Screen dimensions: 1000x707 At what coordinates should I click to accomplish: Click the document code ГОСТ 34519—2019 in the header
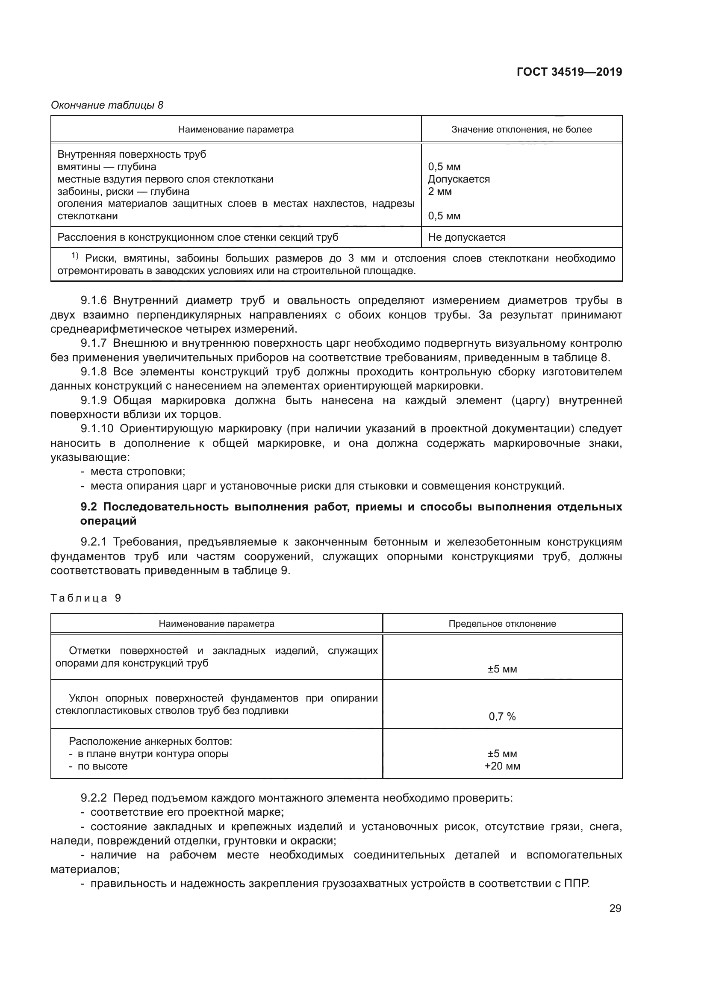(x=569, y=72)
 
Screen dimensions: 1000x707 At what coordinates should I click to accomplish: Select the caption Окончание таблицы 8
(x=107, y=106)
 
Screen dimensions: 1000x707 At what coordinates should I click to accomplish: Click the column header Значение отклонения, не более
(x=521, y=130)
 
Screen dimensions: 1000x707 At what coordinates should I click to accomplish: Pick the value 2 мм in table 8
(x=440, y=192)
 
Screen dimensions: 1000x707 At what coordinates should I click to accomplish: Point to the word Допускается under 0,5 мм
(x=459, y=180)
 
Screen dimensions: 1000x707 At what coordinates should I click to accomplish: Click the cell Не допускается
(x=467, y=237)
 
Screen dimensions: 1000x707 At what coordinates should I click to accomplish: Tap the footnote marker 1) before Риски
(x=75, y=256)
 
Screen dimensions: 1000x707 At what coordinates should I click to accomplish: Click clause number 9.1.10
(x=97, y=429)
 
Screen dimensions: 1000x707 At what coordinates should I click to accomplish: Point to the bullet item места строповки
(x=138, y=472)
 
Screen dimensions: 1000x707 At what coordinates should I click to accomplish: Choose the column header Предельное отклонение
(x=502, y=624)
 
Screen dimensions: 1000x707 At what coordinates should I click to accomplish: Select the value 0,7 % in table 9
(x=502, y=717)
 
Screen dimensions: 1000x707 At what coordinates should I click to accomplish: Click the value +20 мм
(x=502, y=766)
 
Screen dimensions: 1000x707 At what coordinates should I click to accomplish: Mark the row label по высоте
(x=102, y=766)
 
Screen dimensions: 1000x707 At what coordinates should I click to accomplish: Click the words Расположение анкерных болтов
(x=150, y=741)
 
